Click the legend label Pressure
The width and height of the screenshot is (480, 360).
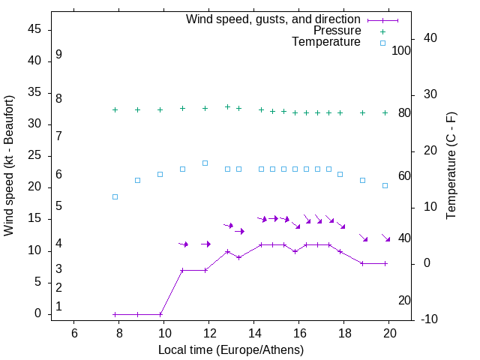(337, 31)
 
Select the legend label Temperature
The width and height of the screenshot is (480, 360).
(326, 43)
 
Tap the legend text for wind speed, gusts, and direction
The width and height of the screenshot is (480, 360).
(274, 19)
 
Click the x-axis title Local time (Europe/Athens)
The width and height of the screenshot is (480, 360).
(231, 349)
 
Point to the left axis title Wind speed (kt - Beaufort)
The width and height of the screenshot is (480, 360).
(9, 166)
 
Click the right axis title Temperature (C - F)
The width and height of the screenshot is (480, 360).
(451, 166)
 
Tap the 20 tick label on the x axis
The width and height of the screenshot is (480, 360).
(389, 333)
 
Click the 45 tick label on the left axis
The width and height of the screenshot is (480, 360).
(34, 30)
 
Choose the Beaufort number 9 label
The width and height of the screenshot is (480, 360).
(58, 55)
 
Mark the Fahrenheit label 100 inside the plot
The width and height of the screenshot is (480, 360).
(401, 51)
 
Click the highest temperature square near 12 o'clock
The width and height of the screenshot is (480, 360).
(205, 163)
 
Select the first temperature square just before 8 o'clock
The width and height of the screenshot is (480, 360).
(115, 196)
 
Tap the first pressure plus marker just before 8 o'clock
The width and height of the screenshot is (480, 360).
(115, 109)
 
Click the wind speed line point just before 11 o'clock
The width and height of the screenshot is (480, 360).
(182, 270)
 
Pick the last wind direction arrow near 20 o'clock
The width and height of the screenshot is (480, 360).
(386, 238)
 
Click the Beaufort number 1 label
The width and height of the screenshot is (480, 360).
(58, 306)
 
